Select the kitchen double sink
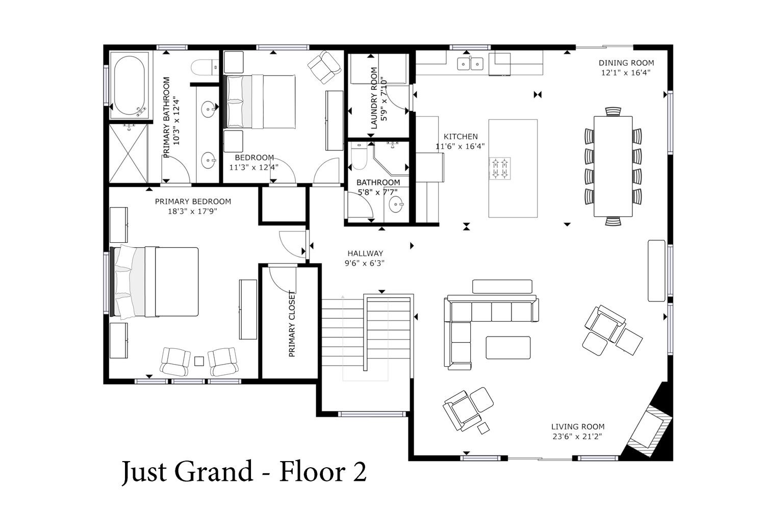pyautogui.click(x=470, y=64)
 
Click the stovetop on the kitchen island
pyautogui.click(x=500, y=168)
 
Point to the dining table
pyautogui.click(x=613, y=166)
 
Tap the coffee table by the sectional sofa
pyautogui.click(x=508, y=348)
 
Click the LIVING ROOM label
pyautogui.click(x=578, y=427)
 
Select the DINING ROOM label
pyautogui.click(x=626, y=63)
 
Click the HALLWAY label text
pyautogui.click(x=365, y=253)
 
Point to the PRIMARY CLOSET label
pyautogui.click(x=292, y=324)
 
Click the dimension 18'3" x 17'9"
pyautogui.click(x=193, y=212)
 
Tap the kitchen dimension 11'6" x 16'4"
pyautogui.click(x=460, y=146)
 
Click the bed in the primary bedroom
pyautogui.click(x=155, y=282)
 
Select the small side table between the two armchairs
pyautogui.click(x=199, y=362)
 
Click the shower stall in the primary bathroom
pyautogui.click(x=129, y=153)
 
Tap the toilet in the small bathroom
pyautogui.click(x=359, y=157)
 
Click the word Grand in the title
pyautogui.click(x=214, y=472)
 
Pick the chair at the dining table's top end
pyautogui.click(x=613, y=112)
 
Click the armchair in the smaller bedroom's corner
pyautogui.click(x=324, y=67)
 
